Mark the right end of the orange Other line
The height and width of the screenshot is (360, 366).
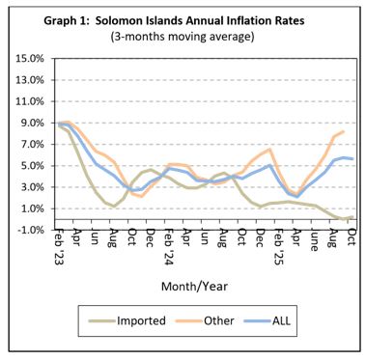[343, 131]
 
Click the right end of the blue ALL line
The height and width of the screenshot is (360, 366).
[352, 158]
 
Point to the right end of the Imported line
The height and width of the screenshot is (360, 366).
[352, 218]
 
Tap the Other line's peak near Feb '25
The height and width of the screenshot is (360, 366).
[269, 150]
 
